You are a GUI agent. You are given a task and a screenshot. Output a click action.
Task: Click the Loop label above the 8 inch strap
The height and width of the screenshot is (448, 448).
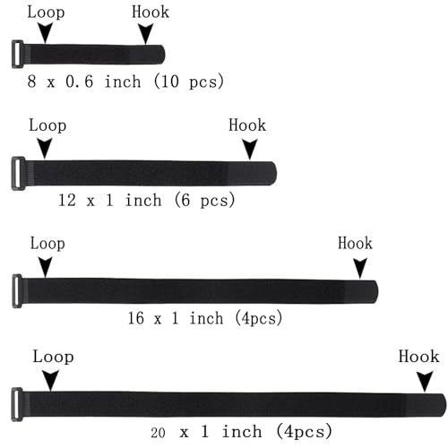[x=46, y=13]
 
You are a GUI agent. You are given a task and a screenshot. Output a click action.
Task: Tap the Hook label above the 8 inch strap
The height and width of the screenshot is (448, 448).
[x=151, y=13]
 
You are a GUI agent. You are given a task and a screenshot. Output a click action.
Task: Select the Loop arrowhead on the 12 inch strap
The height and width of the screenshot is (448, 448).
[x=45, y=148]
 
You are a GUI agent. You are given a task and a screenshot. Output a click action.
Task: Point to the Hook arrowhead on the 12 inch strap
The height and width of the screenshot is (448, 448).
[x=250, y=149]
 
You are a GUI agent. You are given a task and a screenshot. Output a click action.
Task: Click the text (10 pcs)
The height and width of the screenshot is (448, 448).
[x=189, y=81]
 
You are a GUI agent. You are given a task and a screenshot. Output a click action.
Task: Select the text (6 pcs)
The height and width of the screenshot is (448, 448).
[x=204, y=200]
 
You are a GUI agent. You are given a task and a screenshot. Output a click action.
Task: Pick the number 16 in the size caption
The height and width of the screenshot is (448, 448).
[x=136, y=318]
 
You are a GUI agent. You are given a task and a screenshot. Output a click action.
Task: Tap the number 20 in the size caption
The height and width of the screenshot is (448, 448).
[x=158, y=433]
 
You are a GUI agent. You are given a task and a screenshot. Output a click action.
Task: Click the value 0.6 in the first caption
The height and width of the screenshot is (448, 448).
[x=80, y=82]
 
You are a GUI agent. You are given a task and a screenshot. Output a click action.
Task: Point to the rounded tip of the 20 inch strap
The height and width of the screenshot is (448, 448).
[x=443, y=405]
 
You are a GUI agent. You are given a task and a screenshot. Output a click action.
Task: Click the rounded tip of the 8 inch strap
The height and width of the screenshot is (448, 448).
[x=161, y=55]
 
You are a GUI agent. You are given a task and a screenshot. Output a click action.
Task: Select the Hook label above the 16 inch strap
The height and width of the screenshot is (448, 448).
[x=355, y=244]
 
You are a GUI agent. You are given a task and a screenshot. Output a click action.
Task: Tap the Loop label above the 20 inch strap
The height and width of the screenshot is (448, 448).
[x=53, y=357]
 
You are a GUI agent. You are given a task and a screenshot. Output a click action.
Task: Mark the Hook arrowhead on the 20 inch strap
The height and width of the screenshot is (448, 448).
[x=425, y=382]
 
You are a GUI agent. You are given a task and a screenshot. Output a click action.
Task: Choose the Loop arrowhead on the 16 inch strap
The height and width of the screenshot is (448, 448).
[x=46, y=267]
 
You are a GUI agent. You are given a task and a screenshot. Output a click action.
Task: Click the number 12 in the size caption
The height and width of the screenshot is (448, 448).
[x=67, y=200]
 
